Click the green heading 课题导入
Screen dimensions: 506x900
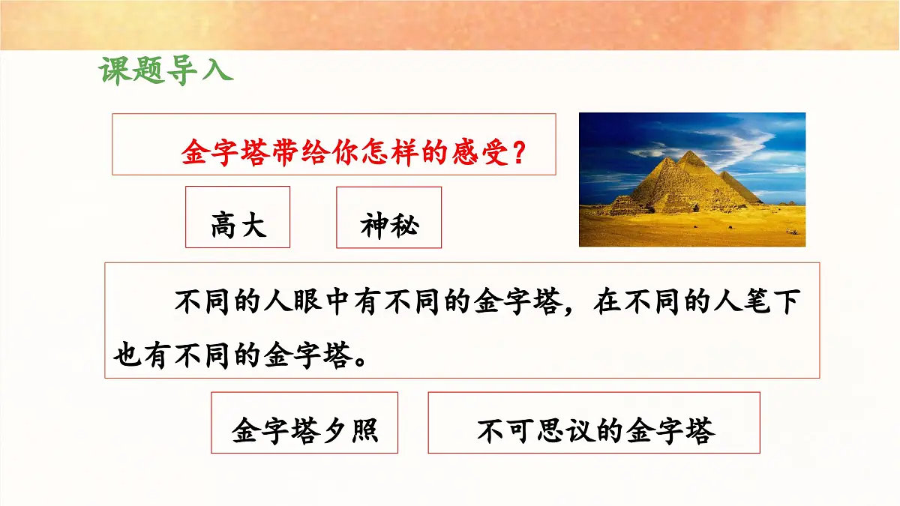(x=166, y=70)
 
